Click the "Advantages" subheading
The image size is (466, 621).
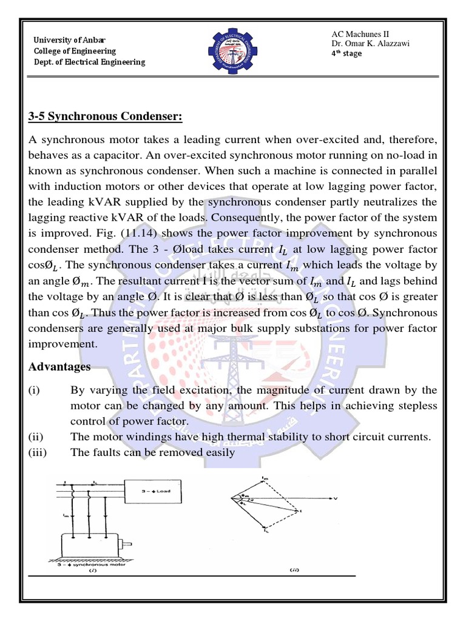click(59, 367)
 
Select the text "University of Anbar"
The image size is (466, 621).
click(68, 40)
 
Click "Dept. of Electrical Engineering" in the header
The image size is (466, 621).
click(89, 62)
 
